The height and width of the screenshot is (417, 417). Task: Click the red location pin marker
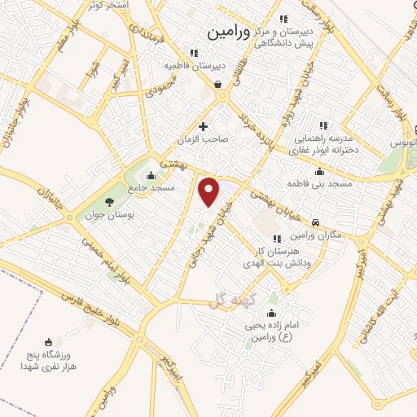(x=209, y=191)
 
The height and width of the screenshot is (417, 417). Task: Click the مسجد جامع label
(x=151, y=188)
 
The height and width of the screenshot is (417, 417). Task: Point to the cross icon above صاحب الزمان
(x=204, y=126)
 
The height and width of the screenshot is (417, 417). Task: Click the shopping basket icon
(x=218, y=83)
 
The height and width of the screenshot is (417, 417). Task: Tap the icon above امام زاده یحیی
(x=271, y=313)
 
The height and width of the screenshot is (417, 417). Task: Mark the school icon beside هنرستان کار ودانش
(x=277, y=239)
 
